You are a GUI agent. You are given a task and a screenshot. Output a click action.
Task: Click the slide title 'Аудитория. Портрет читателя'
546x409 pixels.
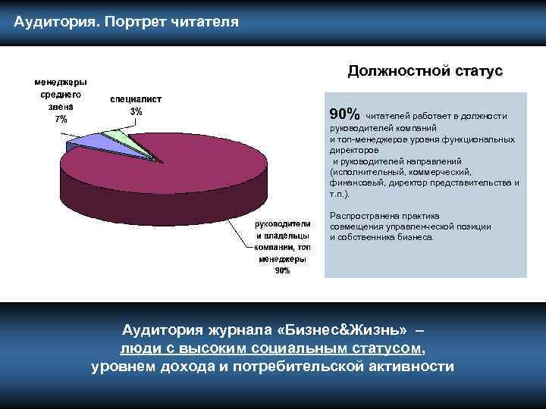[x=126, y=21]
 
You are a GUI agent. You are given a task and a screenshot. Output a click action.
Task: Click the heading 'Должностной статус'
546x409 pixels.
[x=425, y=71]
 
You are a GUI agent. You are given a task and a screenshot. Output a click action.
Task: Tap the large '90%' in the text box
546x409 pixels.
[x=345, y=114]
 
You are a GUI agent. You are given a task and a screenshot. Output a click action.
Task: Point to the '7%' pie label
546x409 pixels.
[x=59, y=120]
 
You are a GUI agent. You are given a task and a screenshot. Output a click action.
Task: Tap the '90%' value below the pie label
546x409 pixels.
[x=281, y=270]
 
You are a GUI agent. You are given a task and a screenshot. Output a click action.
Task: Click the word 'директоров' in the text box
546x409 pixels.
[x=351, y=150]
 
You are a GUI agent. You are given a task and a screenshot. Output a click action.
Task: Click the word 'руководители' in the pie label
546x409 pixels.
[x=282, y=223]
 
